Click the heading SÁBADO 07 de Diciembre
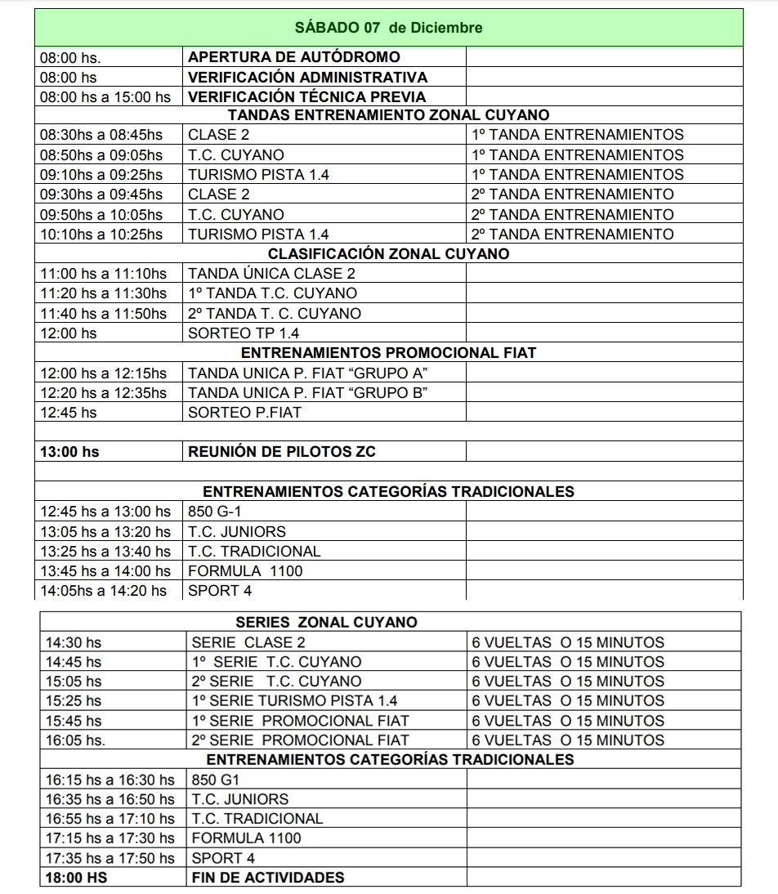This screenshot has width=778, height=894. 388,28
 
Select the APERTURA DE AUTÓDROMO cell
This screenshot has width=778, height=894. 294,57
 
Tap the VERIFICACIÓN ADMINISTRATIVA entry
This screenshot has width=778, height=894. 307,78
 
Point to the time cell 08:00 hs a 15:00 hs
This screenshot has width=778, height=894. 105,97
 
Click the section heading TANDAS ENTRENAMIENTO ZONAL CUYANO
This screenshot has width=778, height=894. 388,115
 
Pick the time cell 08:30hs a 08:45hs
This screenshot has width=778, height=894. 102,135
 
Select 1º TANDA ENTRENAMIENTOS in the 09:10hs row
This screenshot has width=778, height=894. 578,174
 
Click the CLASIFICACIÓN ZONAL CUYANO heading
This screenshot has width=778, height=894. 388,253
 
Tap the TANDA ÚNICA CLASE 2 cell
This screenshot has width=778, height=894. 272,274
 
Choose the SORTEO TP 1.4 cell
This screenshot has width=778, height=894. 244,333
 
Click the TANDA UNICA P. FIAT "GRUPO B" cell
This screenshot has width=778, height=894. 309,392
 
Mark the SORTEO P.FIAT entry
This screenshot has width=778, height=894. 244,413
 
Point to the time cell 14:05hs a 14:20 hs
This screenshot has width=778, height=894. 104,590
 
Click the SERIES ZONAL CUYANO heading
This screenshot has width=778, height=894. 326,623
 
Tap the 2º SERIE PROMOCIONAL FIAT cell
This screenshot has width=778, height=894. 300,740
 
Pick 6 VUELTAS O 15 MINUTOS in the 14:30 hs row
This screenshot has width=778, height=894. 568,642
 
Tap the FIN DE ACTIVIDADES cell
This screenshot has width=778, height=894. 268,878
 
